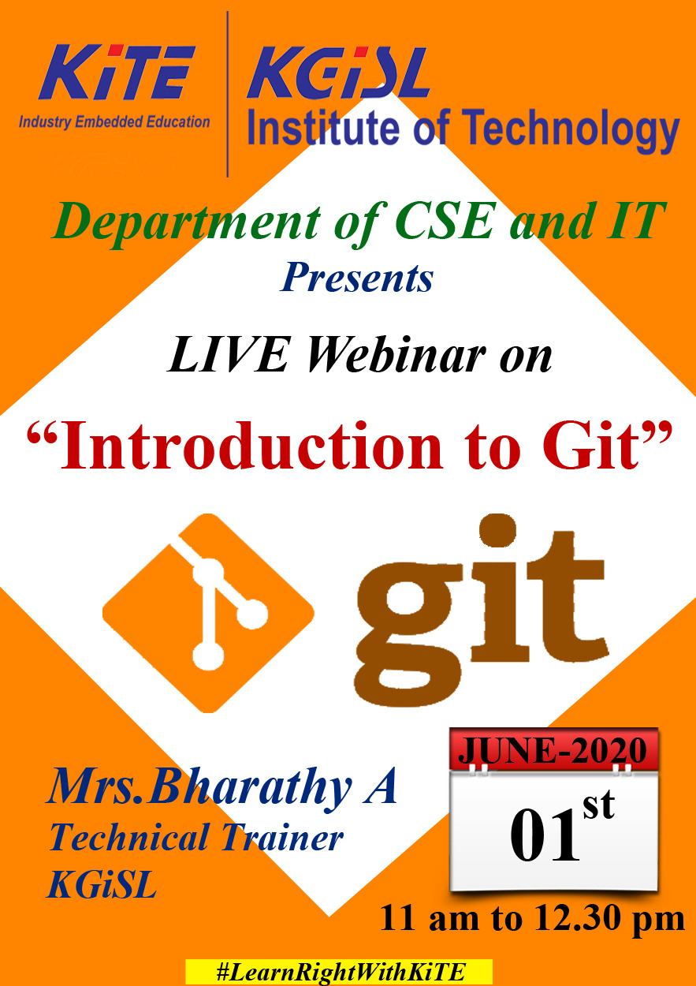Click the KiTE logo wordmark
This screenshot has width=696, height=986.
[117, 73]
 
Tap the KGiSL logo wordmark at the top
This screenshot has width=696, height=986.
[338, 73]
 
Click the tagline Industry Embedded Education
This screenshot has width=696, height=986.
[114, 122]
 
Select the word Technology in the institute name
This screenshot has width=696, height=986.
[570, 130]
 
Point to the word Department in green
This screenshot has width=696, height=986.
[187, 222]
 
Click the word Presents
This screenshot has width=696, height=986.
[357, 278]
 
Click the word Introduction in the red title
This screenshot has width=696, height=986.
[251, 446]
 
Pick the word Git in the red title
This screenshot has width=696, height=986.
[590, 446]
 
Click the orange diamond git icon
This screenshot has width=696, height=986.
[209, 613]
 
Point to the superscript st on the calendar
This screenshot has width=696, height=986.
[599, 805]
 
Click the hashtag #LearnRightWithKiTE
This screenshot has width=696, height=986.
[339, 972]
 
